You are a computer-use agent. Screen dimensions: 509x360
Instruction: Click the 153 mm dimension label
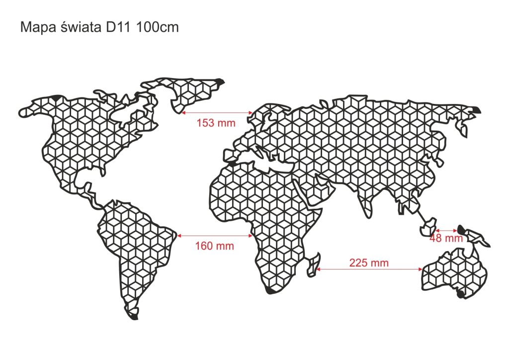pyautogui.click(x=216, y=122)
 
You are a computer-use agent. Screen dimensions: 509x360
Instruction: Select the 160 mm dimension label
pyautogui.click(x=214, y=246)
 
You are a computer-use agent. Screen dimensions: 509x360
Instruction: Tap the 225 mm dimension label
pyautogui.click(x=369, y=263)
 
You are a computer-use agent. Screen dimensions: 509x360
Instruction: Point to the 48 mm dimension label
pyautogui.click(x=446, y=238)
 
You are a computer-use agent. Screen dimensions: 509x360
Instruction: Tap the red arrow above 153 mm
pyautogui.click(x=216, y=114)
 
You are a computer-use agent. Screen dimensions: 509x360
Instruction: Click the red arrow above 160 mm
pyautogui.click(x=214, y=235)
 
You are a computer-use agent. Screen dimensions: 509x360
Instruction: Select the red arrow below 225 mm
pyautogui.click(x=369, y=270)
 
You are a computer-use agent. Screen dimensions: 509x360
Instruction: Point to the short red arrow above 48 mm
pyautogui.click(x=446, y=230)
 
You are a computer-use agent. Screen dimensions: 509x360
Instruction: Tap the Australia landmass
pyautogui.click(x=455, y=274)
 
